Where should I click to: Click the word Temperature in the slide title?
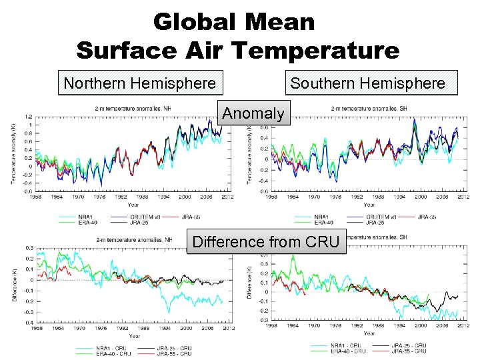pyautogui.click(x=321, y=49)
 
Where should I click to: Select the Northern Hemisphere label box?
pyautogui.click(x=139, y=83)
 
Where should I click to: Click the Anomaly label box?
pyautogui.click(x=253, y=113)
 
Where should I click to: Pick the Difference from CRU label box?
pyautogui.click(x=267, y=241)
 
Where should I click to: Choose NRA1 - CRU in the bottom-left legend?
pyautogui.click(x=93, y=348)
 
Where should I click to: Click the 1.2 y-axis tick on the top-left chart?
pyautogui.click(x=29, y=117)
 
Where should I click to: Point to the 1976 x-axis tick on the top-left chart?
pyautogui.click(x=98, y=197)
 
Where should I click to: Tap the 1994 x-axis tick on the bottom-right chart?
pyautogui.click(x=397, y=326)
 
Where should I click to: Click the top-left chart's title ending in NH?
pyautogui.click(x=133, y=108)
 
